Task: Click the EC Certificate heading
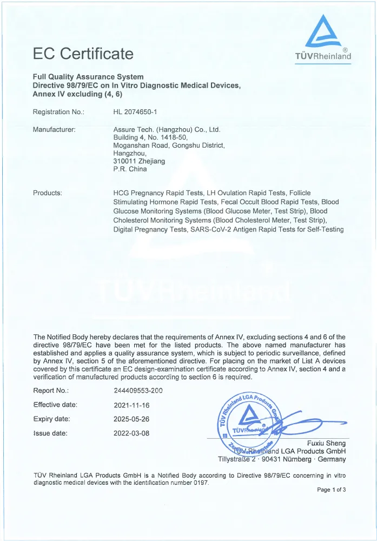coord(83,54)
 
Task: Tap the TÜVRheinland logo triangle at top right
coord(323,32)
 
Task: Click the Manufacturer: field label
coord(54,129)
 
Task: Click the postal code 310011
coord(125,161)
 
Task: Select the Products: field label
coord(48,193)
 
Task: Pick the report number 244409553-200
coord(138,391)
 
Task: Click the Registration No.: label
coord(58,112)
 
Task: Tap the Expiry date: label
coord(51,419)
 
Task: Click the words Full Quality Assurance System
coord(88,77)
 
